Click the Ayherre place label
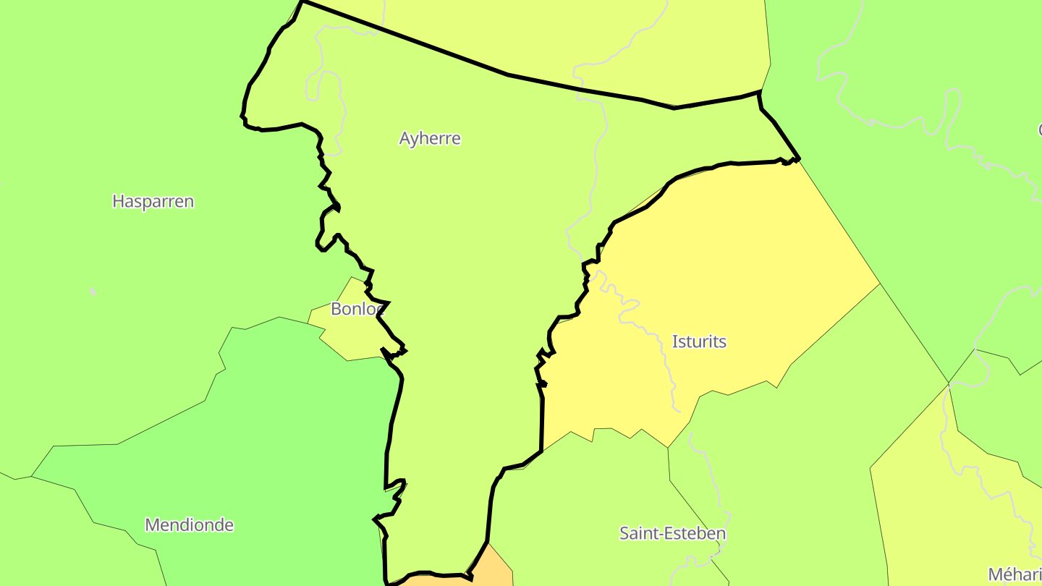coord(430,138)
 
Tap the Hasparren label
coord(153,201)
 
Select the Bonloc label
coord(356,309)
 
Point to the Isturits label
coord(699,341)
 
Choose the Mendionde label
coord(189,525)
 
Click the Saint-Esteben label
coord(672,534)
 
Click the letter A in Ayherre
coord(405,138)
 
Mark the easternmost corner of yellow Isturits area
coord(879,284)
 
